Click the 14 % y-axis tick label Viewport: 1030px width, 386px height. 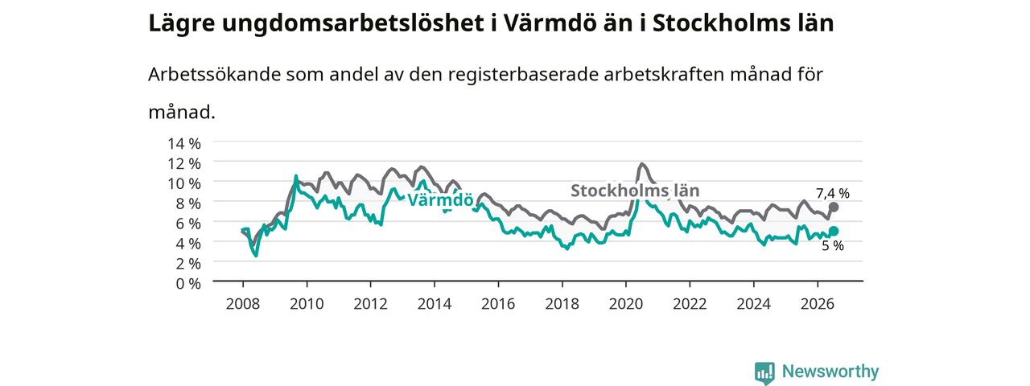(x=184, y=144)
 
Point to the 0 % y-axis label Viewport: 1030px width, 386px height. (x=188, y=284)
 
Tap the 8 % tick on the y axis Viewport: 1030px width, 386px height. (x=188, y=203)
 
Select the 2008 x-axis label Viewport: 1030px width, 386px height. (x=243, y=304)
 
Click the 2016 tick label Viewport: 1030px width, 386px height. (x=498, y=304)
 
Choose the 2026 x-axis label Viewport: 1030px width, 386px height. (x=817, y=304)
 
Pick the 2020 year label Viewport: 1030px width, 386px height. (x=626, y=304)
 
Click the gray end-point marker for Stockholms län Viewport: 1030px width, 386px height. (x=833, y=207)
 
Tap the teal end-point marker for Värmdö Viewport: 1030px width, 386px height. (x=833, y=231)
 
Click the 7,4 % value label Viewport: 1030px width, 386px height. (x=833, y=194)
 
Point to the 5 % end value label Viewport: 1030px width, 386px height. (x=833, y=246)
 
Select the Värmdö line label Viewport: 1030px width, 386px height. (x=440, y=200)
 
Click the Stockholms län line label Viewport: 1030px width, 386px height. (x=635, y=191)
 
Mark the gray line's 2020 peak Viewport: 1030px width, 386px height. (x=642, y=163)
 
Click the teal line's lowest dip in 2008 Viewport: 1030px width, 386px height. (x=256, y=256)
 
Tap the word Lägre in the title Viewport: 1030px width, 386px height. (x=182, y=24)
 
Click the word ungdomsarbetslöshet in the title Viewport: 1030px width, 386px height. (x=352, y=23)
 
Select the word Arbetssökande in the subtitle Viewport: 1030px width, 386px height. (x=214, y=74)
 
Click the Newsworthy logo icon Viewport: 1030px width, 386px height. (x=764, y=372)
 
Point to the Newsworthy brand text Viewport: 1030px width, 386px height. (x=830, y=371)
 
